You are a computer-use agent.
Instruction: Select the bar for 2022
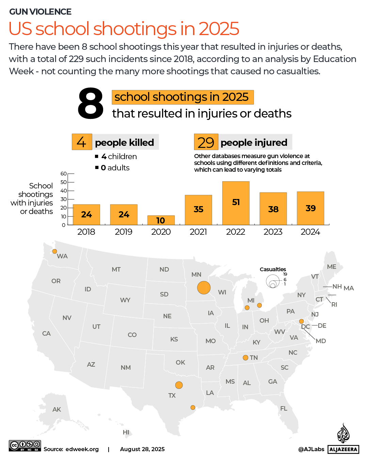(x=236, y=203)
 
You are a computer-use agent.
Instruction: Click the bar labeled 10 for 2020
(x=161, y=220)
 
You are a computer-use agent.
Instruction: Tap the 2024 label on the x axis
(x=310, y=232)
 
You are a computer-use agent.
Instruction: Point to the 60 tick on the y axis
(x=64, y=174)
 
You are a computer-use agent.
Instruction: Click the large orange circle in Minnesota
(x=204, y=288)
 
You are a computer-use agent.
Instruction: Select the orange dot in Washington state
(x=54, y=251)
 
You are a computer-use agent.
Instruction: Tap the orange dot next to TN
(x=245, y=357)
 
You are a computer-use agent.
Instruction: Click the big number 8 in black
(x=90, y=104)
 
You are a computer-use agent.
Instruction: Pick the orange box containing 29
(x=206, y=142)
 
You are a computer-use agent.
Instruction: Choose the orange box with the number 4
(x=82, y=142)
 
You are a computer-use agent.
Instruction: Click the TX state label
(x=172, y=396)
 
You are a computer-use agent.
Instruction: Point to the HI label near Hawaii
(x=126, y=432)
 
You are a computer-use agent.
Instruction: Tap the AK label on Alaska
(x=57, y=410)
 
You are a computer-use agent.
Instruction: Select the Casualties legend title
(x=273, y=269)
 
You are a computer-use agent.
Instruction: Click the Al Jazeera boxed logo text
(x=343, y=449)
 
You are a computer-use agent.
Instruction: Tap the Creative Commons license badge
(x=25, y=446)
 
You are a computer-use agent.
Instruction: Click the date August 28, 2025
(x=142, y=449)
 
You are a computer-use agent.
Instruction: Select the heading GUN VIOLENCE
(x=40, y=12)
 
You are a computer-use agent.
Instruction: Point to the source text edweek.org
(x=82, y=449)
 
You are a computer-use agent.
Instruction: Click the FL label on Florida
(x=284, y=409)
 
